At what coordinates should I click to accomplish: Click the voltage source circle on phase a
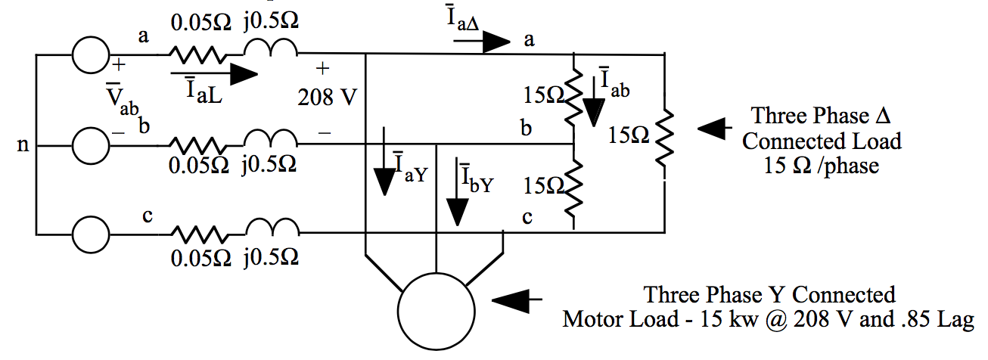pyautogui.click(x=92, y=54)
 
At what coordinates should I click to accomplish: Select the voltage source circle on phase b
pyautogui.click(x=92, y=144)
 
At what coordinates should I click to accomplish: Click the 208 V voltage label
pyautogui.click(x=325, y=98)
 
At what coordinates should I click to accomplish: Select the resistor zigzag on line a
pyautogui.click(x=196, y=54)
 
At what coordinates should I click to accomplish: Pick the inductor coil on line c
pyautogui.click(x=271, y=229)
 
